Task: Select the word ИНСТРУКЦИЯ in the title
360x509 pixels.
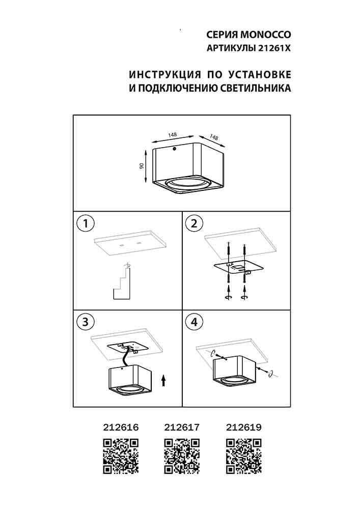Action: coord(165,75)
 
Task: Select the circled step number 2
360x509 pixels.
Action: coord(194,223)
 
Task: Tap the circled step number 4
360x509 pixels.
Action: coord(194,322)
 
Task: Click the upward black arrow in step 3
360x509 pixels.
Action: coord(163,381)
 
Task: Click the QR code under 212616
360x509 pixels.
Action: coord(121,456)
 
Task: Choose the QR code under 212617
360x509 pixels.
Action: coord(182,456)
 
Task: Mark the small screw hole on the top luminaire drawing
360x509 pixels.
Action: coord(174,149)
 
